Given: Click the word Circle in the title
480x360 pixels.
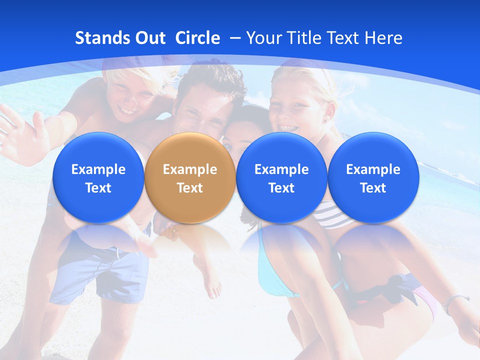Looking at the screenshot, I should pyautogui.click(x=197, y=38).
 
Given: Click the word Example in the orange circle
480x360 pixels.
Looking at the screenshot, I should pyautogui.click(x=190, y=169).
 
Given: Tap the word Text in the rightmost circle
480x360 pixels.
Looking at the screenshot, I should pyautogui.click(x=373, y=188).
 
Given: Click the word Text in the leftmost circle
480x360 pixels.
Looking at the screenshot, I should pyautogui.click(x=98, y=188).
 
